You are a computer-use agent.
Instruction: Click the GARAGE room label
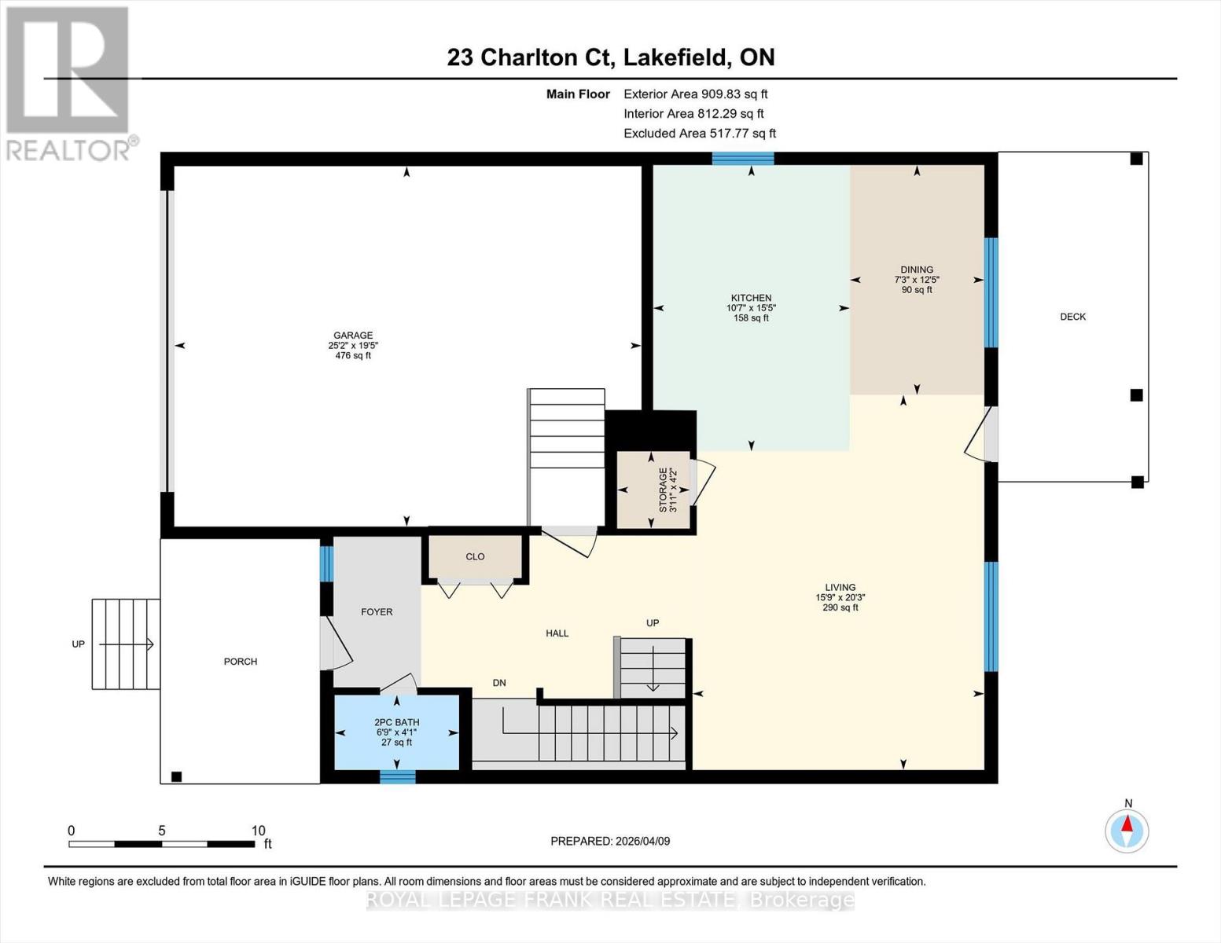(x=352, y=336)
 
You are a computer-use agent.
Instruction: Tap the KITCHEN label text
(x=751, y=298)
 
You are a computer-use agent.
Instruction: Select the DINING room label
(x=917, y=270)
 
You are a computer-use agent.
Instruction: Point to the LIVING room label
(x=840, y=588)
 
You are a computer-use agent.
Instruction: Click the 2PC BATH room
(x=397, y=732)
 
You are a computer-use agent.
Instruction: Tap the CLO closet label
(x=475, y=556)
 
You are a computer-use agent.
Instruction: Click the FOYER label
(x=377, y=611)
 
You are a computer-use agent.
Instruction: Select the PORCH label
(x=241, y=662)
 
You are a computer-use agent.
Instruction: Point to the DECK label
(x=1072, y=317)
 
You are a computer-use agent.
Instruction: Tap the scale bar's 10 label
(x=258, y=831)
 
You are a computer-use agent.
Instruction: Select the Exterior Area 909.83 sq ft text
(x=695, y=94)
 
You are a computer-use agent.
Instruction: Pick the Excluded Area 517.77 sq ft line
(x=699, y=134)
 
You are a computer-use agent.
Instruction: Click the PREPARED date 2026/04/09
(x=610, y=841)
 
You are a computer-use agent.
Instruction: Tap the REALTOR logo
(x=69, y=83)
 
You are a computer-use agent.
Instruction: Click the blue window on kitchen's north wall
(x=743, y=159)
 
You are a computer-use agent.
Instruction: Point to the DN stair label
(x=499, y=683)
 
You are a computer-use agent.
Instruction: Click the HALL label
(x=557, y=633)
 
